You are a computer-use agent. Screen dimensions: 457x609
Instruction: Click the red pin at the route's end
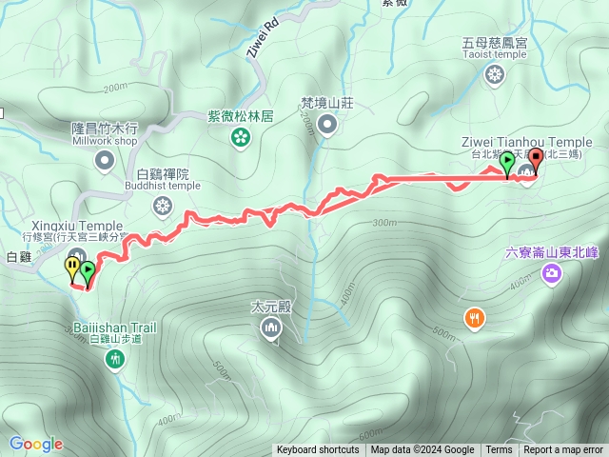click(535, 160)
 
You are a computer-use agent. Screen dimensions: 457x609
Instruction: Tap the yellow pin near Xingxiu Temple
click(73, 268)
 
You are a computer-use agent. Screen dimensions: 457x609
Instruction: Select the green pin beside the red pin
click(507, 162)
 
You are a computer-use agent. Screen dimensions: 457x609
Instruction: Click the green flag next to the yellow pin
click(88, 272)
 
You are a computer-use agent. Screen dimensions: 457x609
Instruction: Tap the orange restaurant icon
click(474, 318)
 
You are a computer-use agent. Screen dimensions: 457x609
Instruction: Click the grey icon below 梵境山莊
click(327, 124)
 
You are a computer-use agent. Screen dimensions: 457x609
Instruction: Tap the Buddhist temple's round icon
click(163, 205)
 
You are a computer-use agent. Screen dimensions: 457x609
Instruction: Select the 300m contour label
click(384, 223)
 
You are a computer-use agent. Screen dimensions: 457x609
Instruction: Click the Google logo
click(36, 443)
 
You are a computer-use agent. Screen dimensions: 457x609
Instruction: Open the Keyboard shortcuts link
click(318, 450)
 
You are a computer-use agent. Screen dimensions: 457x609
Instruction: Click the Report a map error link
click(564, 450)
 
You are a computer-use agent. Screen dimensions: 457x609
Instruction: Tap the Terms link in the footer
click(499, 450)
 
